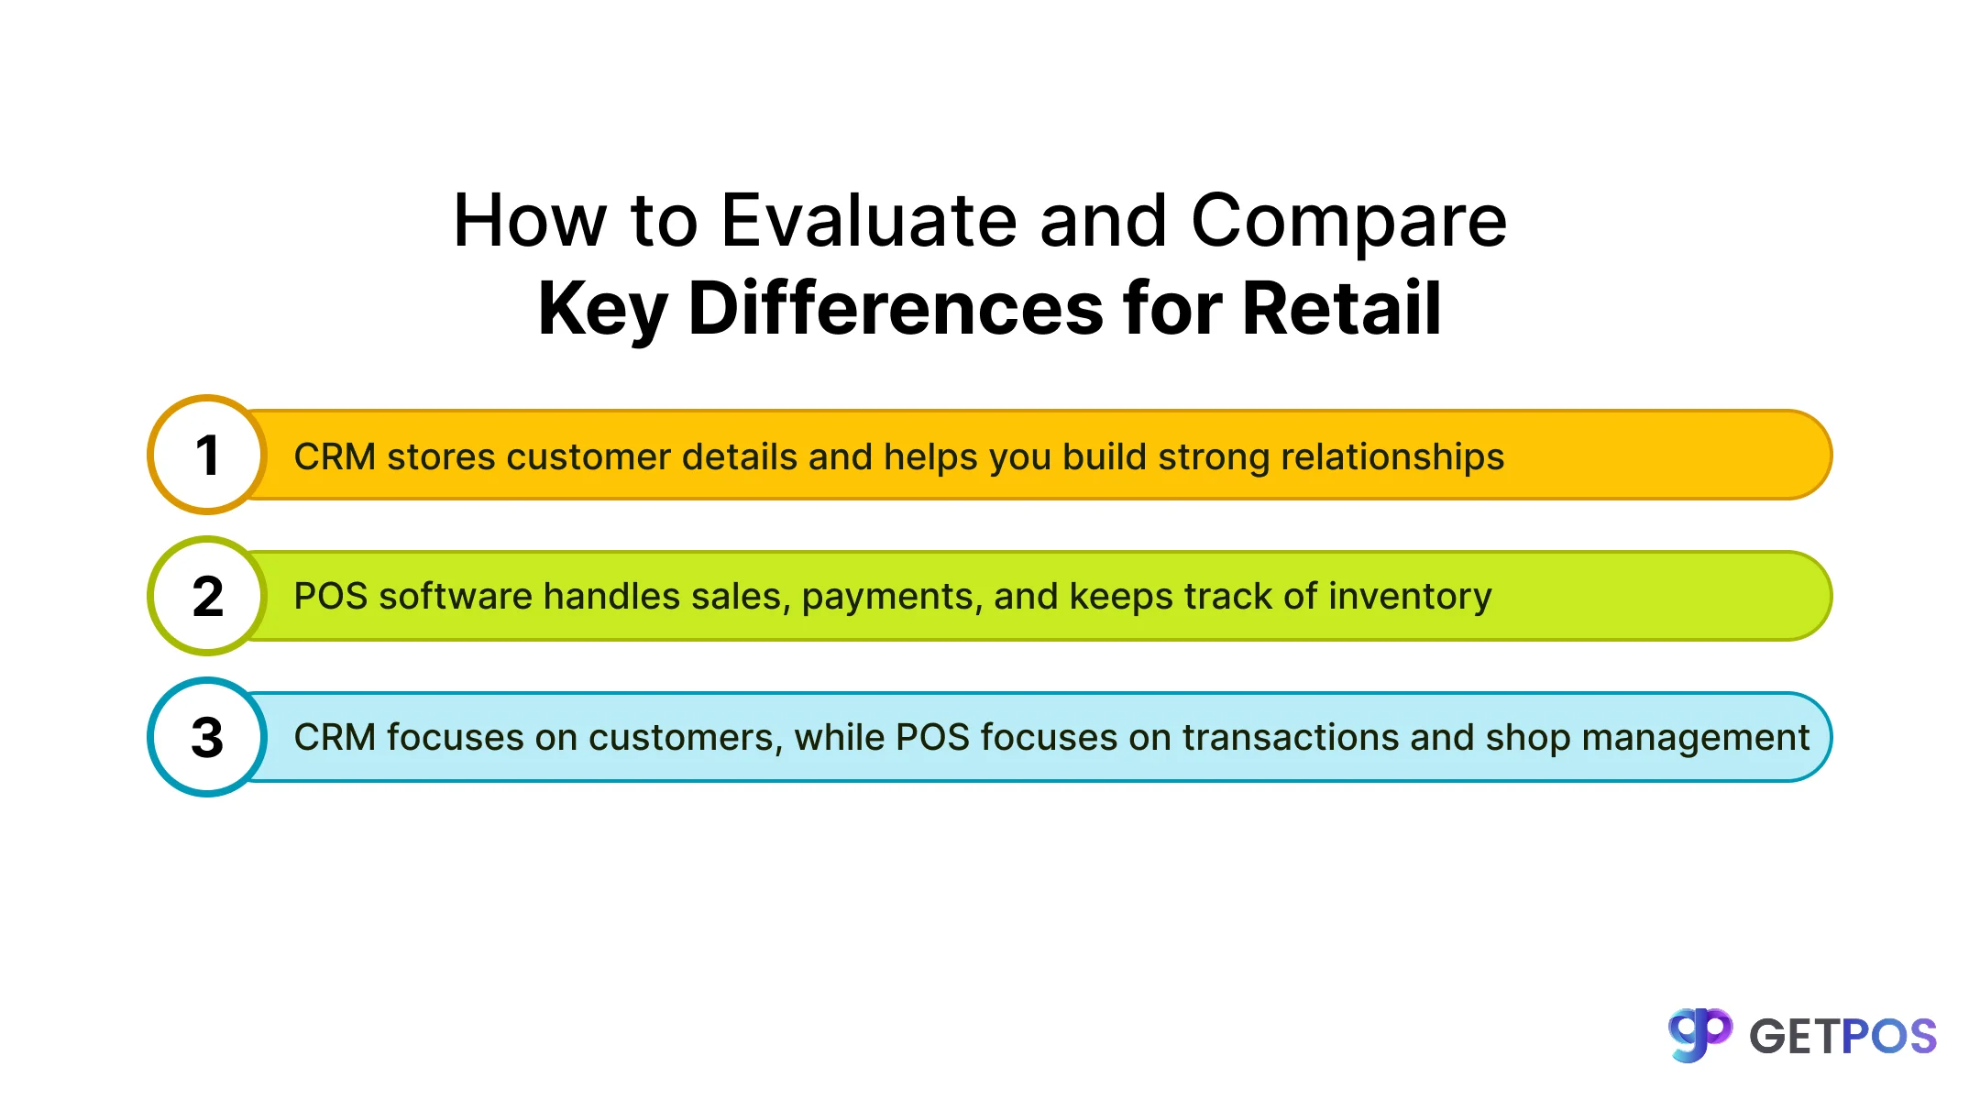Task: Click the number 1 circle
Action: click(x=207, y=455)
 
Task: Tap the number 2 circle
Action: click(x=207, y=596)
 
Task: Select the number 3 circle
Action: click(x=207, y=737)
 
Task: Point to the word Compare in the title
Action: click(x=1348, y=223)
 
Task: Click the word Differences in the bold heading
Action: click(x=896, y=308)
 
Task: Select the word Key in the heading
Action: click(x=602, y=310)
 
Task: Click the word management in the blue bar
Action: click(x=1695, y=738)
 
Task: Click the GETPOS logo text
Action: click(x=1842, y=1037)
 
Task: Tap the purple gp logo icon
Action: click(x=1699, y=1035)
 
